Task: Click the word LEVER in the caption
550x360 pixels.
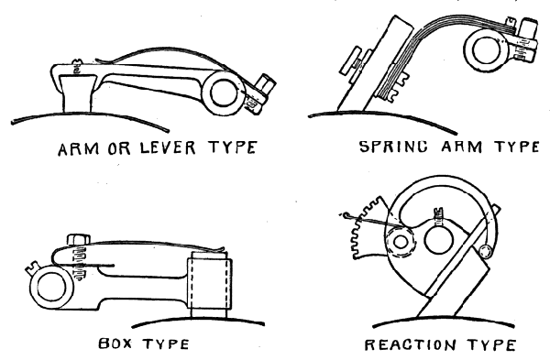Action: (x=168, y=147)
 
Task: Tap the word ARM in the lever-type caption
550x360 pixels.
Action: (x=79, y=148)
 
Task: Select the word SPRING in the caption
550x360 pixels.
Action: (x=394, y=147)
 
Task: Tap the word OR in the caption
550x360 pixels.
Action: (x=119, y=148)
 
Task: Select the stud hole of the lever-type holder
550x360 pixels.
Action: (x=224, y=93)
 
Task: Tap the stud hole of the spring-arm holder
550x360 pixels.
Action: (x=486, y=49)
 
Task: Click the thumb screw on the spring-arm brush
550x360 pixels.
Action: (x=355, y=64)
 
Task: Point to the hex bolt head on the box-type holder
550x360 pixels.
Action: (x=78, y=240)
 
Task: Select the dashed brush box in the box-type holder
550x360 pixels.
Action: (x=210, y=282)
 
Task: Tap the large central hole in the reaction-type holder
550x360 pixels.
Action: (x=438, y=241)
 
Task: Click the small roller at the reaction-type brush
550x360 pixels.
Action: (x=486, y=251)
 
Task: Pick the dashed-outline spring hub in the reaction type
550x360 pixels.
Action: (x=400, y=242)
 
